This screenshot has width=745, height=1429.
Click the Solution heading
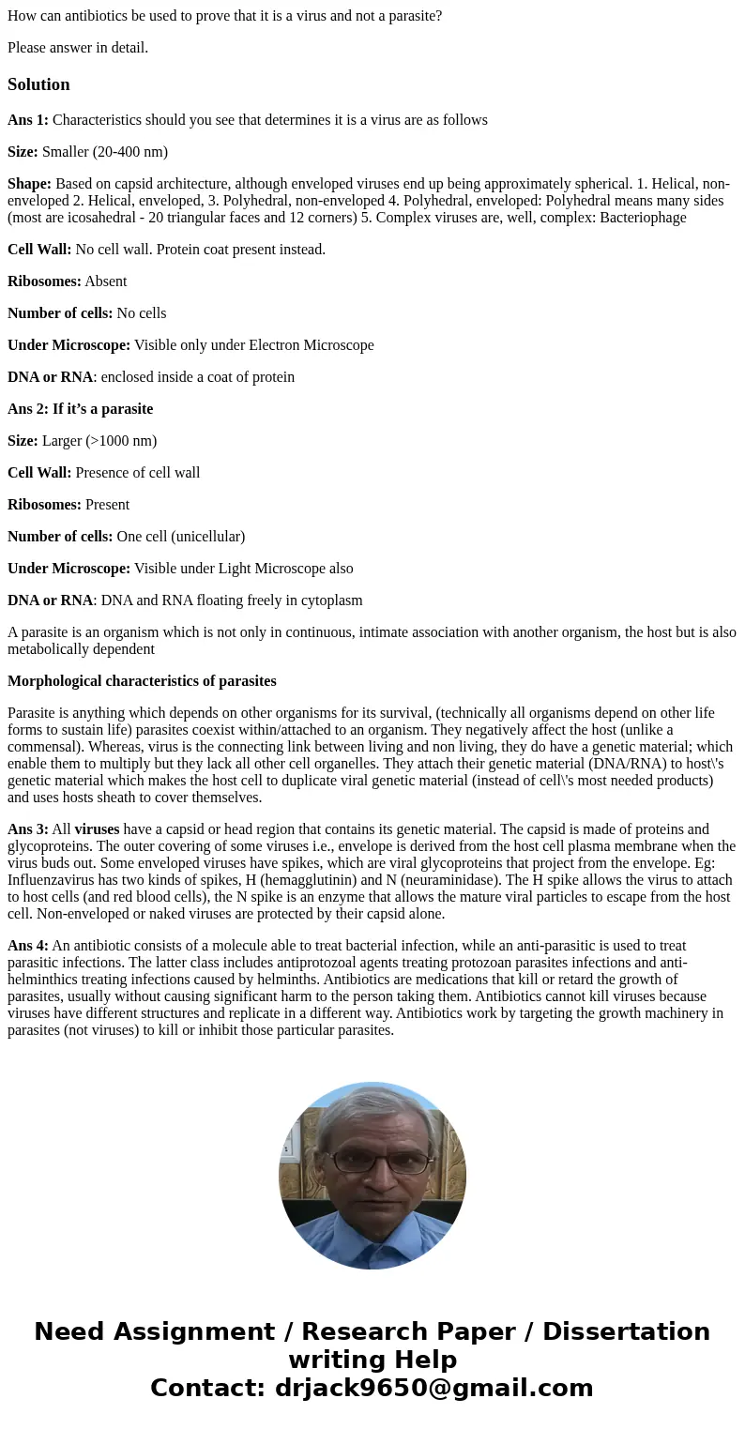coord(38,84)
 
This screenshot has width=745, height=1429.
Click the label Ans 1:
coord(28,120)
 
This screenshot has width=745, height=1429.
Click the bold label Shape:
coord(29,184)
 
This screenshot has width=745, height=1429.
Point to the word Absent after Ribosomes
coord(105,281)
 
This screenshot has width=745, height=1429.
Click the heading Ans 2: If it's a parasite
coord(80,409)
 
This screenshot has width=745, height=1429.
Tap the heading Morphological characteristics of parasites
coord(142,681)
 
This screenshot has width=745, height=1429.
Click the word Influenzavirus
coord(53,880)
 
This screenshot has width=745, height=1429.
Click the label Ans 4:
coord(28,946)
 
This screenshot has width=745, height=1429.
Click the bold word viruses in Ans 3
coord(97,829)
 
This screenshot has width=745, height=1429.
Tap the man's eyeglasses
coord(379,1162)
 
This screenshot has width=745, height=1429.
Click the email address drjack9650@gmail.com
coord(433,1388)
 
